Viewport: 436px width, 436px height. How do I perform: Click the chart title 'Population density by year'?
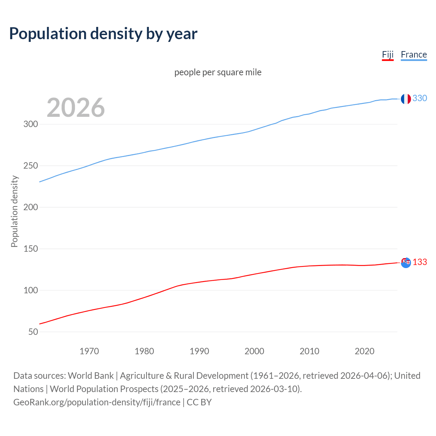pos(103,34)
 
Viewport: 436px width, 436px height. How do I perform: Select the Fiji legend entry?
pos(388,55)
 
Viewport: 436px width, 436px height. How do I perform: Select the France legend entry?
pos(414,55)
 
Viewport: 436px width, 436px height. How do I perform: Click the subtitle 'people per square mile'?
pos(218,73)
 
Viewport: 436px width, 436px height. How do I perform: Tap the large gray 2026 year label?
pos(76,108)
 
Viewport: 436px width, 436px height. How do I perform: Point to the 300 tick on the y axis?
pos(31,124)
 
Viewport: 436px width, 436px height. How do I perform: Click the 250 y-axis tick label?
pos(31,166)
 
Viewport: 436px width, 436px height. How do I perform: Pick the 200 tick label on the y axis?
pos(31,207)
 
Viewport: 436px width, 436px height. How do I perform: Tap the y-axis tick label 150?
pos(31,249)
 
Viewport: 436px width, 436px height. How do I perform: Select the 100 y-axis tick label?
pos(31,291)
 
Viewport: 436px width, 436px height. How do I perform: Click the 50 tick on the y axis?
pos(33,332)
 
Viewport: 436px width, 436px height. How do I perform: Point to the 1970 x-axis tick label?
pos(89,351)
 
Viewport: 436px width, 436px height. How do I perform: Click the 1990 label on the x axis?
pos(199,351)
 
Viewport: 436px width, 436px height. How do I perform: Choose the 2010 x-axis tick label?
pos(309,351)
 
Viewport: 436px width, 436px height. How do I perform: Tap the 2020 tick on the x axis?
pos(364,351)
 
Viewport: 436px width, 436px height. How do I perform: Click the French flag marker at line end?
pos(405,99)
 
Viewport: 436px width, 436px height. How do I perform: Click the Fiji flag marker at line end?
pos(406,263)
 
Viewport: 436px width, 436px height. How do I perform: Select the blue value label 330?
pos(420,98)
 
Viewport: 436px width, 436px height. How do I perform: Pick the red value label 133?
pos(420,262)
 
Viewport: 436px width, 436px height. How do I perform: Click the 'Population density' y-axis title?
pos(14,211)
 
